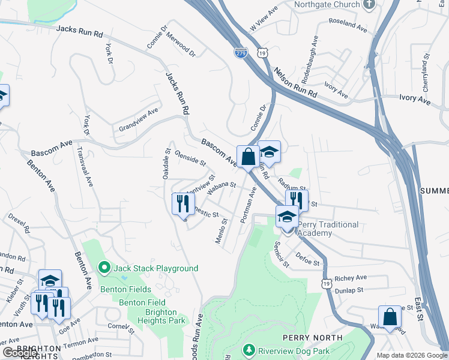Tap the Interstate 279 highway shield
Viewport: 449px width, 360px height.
(241, 54)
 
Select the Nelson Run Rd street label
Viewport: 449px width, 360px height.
(295, 83)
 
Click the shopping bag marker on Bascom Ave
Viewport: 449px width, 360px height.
(248, 157)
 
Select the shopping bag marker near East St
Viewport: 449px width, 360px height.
(390, 317)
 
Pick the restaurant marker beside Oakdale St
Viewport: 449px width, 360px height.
(183, 203)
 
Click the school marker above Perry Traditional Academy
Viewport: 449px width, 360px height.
(288, 217)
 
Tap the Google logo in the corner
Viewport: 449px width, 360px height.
(20, 353)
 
